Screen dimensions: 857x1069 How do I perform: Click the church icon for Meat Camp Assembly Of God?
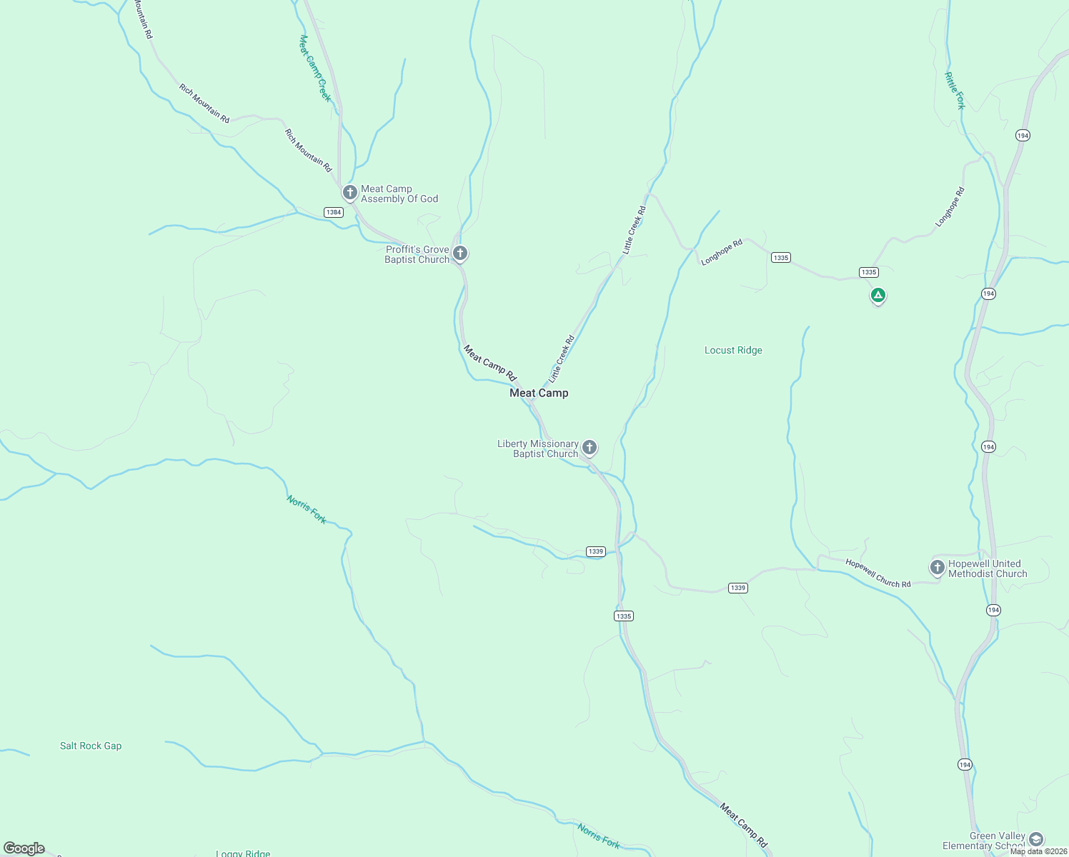(349, 192)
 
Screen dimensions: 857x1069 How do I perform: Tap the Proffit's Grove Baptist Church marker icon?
(461, 253)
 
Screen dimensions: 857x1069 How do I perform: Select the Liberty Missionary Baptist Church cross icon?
(590, 448)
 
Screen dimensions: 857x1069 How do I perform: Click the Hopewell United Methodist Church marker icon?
(937, 568)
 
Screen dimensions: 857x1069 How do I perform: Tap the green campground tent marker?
(878, 295)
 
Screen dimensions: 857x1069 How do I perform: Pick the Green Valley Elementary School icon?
(1036, 840)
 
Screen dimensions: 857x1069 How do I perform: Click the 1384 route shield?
(333, 212)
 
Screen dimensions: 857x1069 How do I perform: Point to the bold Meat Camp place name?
(539, 393)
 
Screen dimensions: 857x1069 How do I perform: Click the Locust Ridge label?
(733, 350)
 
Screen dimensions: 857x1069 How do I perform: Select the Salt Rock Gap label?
(91, 746)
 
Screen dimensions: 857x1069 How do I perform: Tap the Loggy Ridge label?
(243, 853)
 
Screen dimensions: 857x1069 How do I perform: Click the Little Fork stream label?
(955, 90)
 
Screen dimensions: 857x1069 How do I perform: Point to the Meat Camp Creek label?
(314, 68)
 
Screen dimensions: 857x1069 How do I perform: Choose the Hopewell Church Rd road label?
(878, 573)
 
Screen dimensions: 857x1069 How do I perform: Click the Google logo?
(24, 848)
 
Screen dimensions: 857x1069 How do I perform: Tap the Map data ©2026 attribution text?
(1038, 851)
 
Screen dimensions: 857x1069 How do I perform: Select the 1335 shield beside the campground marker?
(868, 272)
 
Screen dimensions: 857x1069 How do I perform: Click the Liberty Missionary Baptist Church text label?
(538, 448)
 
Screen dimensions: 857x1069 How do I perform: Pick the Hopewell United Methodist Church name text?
(988, 568)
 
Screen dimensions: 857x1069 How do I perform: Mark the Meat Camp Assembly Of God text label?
(399, 194)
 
